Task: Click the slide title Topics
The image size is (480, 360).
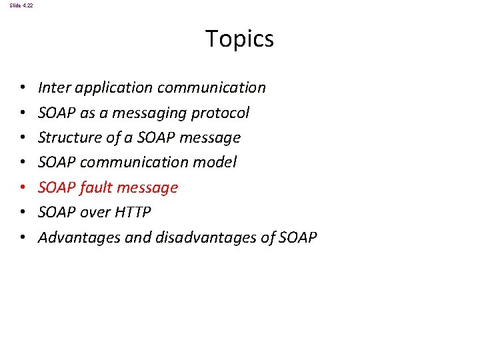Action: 239,39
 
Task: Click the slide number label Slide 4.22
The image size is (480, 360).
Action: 21,5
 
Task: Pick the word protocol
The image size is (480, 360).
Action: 220,113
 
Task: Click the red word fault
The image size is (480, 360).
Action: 96,187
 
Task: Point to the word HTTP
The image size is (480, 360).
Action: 133,212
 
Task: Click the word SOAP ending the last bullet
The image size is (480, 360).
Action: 297,237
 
